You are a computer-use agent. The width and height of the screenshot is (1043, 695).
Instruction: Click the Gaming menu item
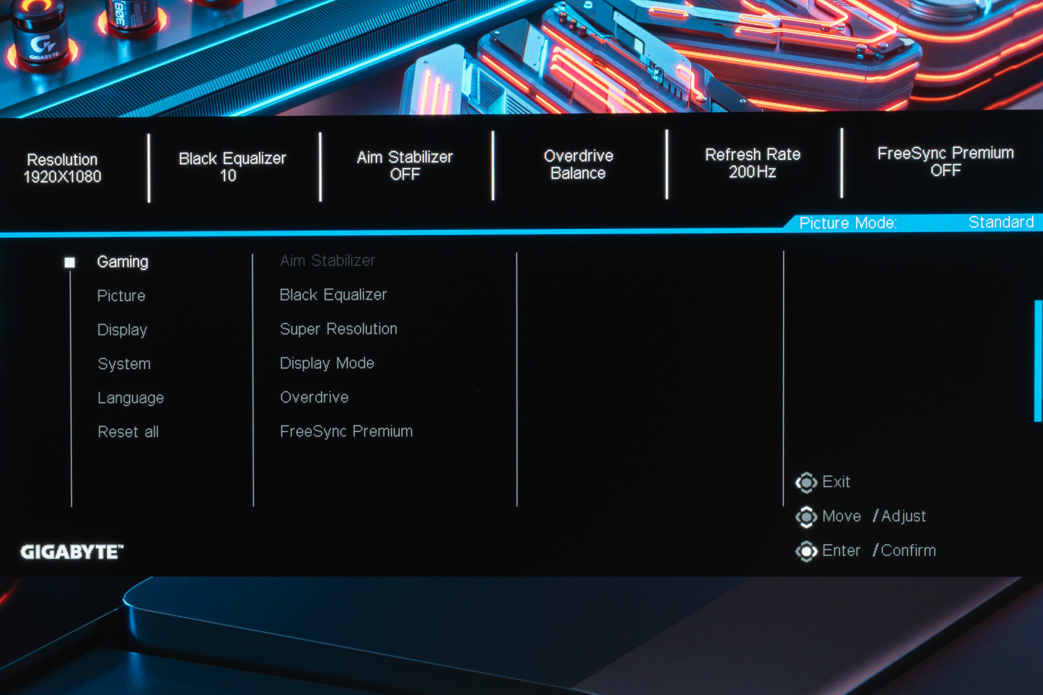pos(122,262)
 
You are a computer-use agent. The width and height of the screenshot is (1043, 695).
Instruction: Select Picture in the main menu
pos(121,296)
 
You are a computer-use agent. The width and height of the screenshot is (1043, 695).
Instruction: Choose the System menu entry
pos(124,364)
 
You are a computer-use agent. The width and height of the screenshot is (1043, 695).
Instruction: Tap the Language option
pos(131,398)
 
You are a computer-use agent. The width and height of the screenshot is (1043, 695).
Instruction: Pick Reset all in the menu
pos(128,432)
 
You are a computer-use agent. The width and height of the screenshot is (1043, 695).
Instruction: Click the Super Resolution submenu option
pos(338,329)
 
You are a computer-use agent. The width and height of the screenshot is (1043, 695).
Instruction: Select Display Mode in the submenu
pos(327,363)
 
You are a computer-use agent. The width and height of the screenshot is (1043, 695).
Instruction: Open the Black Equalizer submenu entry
pos(333,295)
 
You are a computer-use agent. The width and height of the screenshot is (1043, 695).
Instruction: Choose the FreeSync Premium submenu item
pos(346,432)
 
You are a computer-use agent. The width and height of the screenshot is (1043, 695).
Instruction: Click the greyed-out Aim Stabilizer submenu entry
pos(328,261)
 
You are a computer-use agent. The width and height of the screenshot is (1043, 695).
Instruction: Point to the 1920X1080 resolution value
pos(63,177)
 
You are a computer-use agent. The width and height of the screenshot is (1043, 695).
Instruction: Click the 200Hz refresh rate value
pos(752,172)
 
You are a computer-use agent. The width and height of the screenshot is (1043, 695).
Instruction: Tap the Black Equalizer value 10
pos(228,176)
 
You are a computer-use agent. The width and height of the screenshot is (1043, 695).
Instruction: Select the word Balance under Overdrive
pos(578,174)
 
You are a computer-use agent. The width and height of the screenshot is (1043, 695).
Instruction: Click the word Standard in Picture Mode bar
pos(1001,222)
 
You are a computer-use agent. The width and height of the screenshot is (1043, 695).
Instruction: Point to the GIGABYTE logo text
pos(72,552)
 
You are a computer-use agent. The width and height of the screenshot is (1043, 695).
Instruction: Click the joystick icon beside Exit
pos(806,482)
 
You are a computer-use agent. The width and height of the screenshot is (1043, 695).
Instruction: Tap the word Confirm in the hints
pos(908,550)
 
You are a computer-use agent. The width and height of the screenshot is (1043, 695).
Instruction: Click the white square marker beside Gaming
pos(70,263)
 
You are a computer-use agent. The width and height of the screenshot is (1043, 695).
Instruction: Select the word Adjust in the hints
pos(903,516)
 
